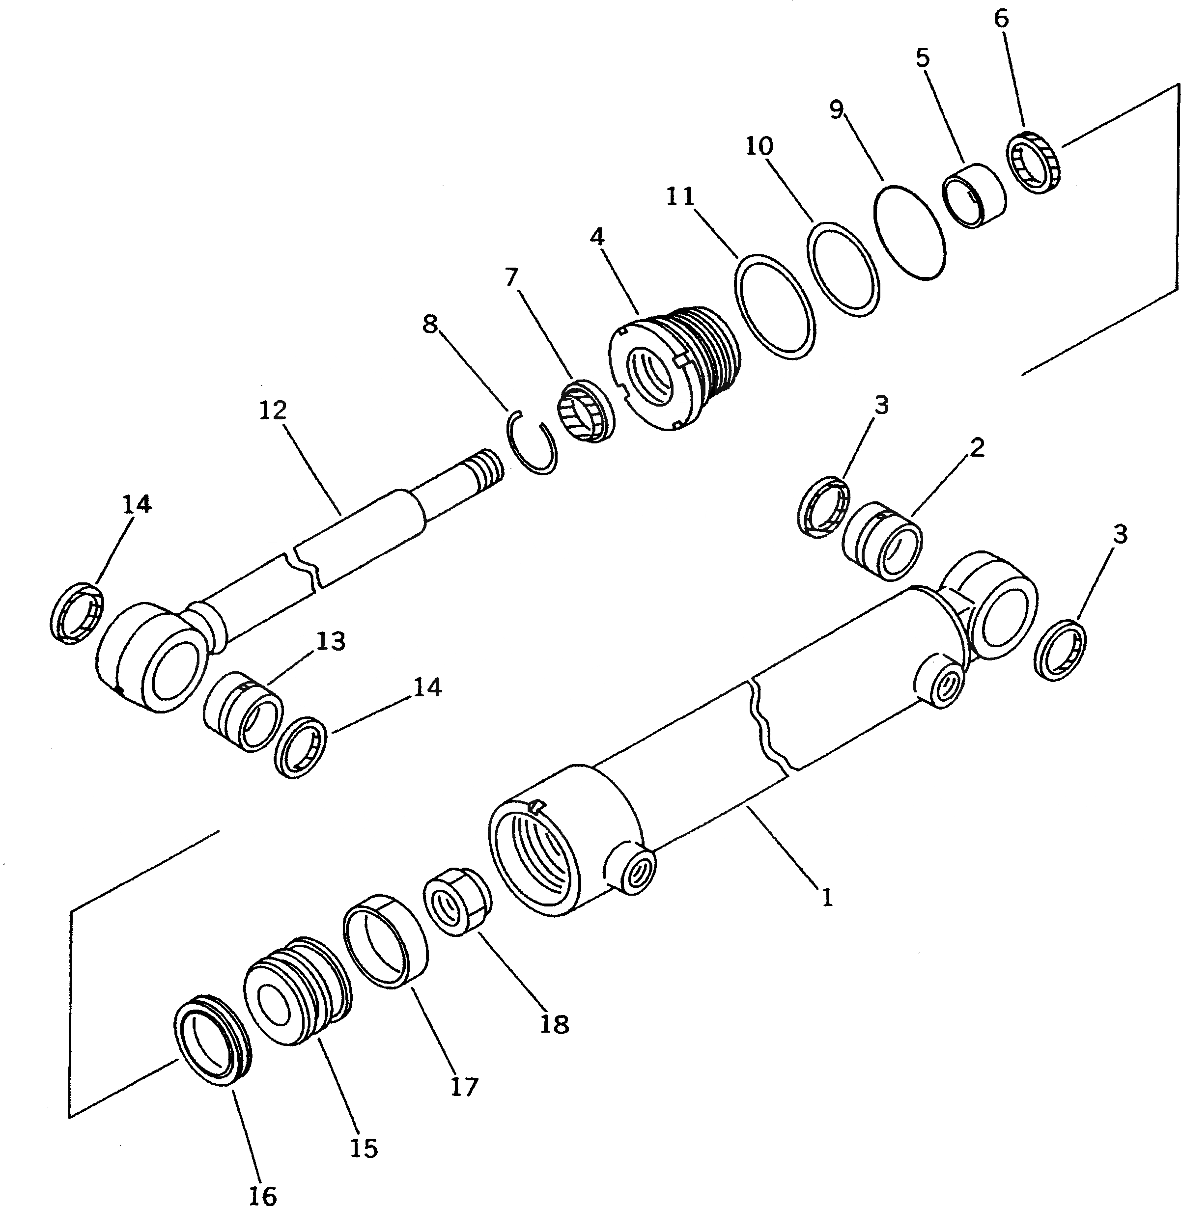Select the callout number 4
coord(597,236)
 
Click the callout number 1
coord(827,897)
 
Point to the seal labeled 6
coord(1034,163)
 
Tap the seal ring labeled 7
coord(587,413)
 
